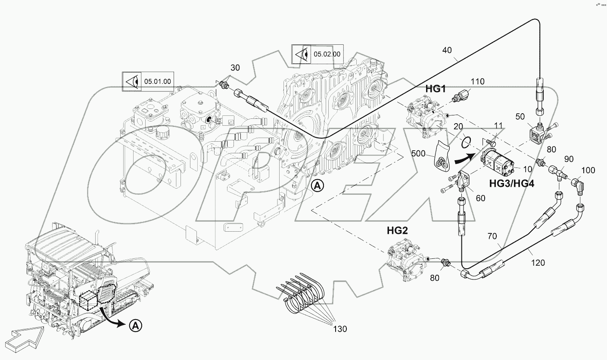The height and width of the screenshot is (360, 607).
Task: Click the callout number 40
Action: [x=447, y=50]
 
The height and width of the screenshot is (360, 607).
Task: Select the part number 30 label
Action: [x=235, y=68]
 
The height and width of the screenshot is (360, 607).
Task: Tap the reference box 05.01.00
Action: [x=148, y=81]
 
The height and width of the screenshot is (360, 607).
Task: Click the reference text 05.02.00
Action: [x=327, y=54]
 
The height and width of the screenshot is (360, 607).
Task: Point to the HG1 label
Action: [x=435, y=89]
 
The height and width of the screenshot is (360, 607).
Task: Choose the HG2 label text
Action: [x=397, y=231]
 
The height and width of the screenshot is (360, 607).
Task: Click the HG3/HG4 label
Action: [x=512, y=184]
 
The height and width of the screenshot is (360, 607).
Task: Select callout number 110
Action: [x=477, y=81]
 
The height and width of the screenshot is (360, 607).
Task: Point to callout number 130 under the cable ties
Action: [x=339, y=329]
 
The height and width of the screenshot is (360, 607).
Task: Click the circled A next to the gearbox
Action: [x=317, y=186]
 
